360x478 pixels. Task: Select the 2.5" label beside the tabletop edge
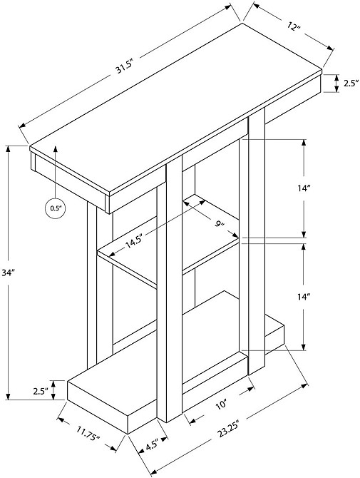pos(351,83)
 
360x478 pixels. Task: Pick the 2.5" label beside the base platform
pos(41,391)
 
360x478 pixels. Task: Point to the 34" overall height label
pos(9,273)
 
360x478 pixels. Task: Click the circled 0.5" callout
pos(55,208)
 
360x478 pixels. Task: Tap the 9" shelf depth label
pos(220,225)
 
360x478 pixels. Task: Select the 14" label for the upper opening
pos(304,188)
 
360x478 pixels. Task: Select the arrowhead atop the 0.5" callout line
pos(56,149)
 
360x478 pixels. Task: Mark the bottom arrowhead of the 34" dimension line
pos(9,396)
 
